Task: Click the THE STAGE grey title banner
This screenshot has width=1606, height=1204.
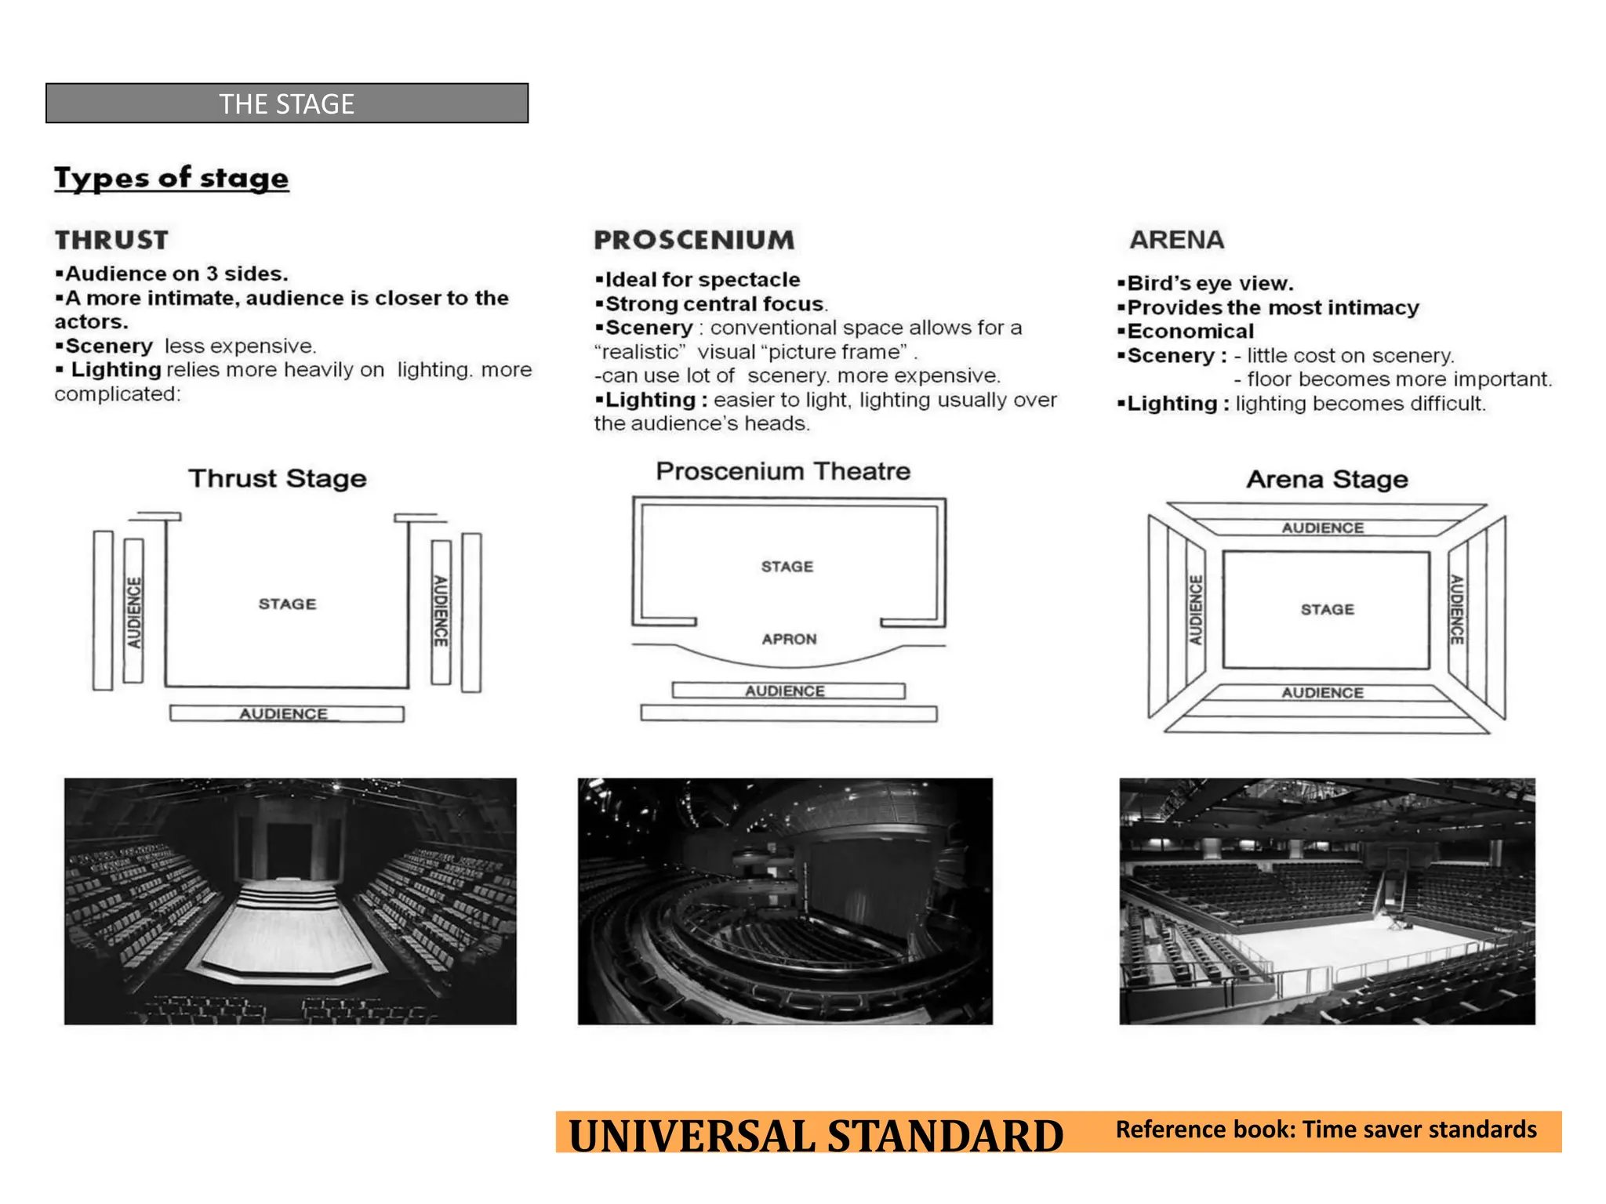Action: [286, 103]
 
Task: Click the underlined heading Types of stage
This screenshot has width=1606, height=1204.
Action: [171, 178]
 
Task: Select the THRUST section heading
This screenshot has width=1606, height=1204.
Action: [111, 240]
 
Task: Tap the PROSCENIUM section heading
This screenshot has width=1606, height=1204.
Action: [694, 240]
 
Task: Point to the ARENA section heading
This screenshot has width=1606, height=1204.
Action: [1176, 240]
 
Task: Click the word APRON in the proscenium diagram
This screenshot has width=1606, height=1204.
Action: [789, 640]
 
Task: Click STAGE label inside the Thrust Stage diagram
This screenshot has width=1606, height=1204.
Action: [287, 604]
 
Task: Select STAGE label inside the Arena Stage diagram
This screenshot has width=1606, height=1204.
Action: [1327, 610]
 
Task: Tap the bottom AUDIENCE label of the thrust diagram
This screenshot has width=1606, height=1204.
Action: [283, 714]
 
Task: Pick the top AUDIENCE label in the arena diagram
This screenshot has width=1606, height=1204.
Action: [1323, 528]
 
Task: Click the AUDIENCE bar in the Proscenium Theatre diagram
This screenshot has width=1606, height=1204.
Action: [785, 691]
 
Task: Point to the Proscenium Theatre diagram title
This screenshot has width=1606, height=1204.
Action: [783, 472]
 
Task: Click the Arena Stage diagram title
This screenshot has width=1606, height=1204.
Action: [1327, 480]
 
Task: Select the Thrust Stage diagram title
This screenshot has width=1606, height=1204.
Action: [278, 479]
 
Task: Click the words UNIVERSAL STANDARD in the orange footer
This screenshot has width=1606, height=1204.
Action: [816, 1137]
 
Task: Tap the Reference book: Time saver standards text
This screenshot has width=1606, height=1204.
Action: [1325, 1130]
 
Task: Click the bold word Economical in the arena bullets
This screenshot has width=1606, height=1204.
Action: [1190, 332]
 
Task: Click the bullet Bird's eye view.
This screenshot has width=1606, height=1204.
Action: [1209, 284]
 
